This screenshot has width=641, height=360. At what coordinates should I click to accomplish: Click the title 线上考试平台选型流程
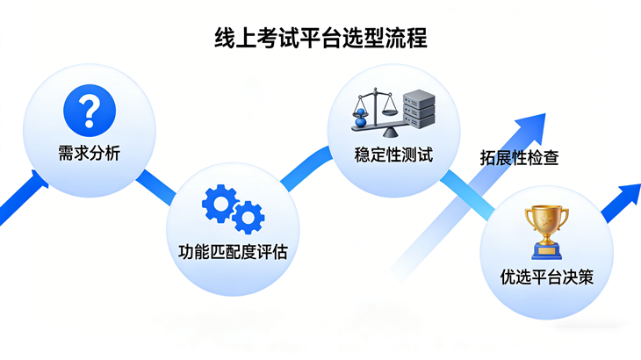click(320, 39)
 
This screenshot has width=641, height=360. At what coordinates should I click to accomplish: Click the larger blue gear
click(219, 204)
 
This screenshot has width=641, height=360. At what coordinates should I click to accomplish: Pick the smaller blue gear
click(248, 215)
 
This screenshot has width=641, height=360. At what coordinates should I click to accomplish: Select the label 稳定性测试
click(394, 155)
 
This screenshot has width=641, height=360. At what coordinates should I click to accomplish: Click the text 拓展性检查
click(520, 158)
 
